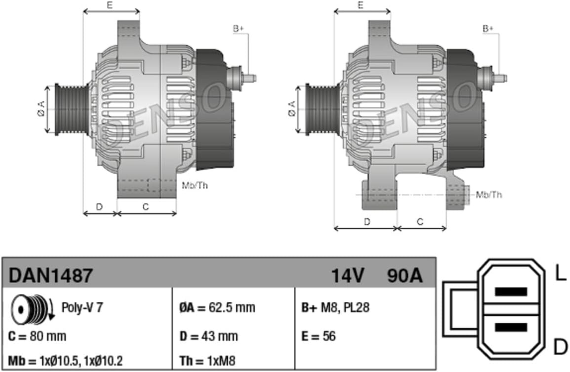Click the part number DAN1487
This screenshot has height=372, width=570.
coord(51,276)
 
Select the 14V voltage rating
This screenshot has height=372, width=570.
coord(347,276)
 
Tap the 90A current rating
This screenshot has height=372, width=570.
coord(404,276)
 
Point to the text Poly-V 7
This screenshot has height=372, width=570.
coord(82,307)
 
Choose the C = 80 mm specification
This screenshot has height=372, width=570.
coord(37,336)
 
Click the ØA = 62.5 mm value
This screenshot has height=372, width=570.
coord(217,307)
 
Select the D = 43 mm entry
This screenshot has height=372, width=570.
coord(209,336)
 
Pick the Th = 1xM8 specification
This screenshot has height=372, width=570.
coord(207,360)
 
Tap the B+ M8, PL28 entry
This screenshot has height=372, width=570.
coord(335,307)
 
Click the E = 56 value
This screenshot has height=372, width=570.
coord(318,336)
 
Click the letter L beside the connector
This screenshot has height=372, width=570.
coord(561,274)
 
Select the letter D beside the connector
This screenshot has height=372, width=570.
coord(561,346)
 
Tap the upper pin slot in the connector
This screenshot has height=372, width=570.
coord(511,292)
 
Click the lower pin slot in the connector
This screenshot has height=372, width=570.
coord(511,327)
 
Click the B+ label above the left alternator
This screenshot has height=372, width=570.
coord(239,29)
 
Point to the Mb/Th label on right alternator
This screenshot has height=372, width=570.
coord(489,194)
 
